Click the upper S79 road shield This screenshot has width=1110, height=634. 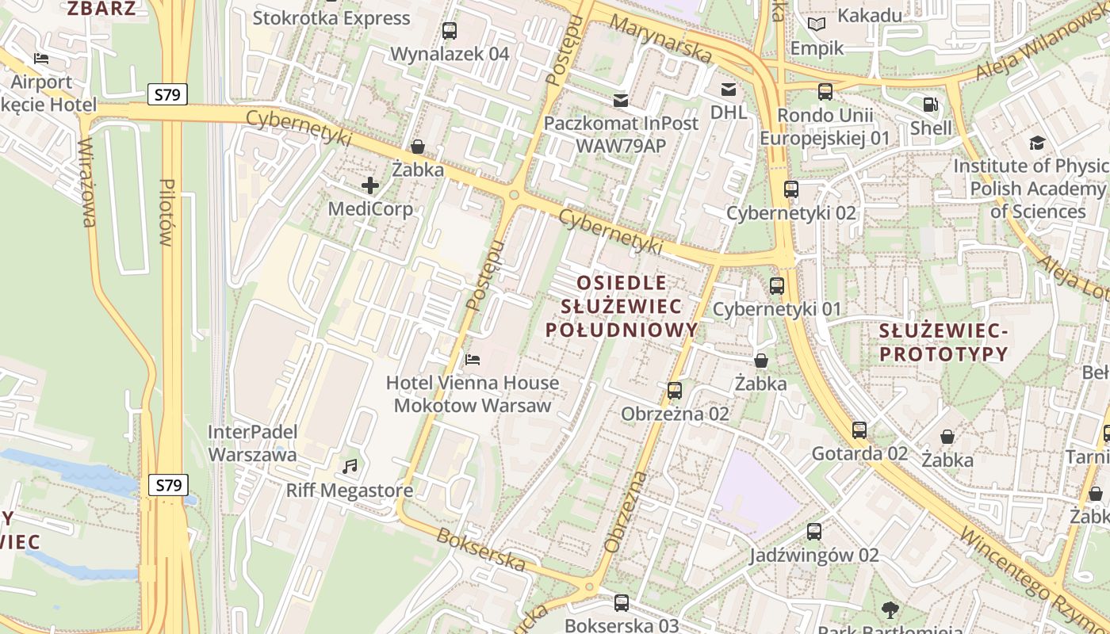167,95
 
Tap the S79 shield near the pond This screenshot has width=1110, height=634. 168,485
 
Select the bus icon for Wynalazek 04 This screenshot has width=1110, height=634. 450,31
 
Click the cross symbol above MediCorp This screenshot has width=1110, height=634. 370,185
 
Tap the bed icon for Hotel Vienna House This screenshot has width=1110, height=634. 473,359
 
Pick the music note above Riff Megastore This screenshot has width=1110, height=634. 350,466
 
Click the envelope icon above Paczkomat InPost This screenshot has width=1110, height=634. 621,100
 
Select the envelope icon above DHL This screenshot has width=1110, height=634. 728,89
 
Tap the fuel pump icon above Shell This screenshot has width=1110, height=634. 931,104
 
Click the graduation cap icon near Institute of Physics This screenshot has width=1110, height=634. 1037,143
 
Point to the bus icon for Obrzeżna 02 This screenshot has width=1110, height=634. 675,390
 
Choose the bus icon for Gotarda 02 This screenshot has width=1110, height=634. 859,430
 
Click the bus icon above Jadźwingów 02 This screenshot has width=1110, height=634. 814,532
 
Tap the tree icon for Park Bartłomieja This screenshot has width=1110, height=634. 890,609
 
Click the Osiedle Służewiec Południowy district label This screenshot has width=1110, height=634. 622,306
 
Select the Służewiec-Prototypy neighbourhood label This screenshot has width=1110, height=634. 943,342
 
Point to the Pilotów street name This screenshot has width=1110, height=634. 166,212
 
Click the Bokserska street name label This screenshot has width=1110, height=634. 480,550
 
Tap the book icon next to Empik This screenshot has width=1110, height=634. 817,24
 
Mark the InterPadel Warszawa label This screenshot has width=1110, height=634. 252,443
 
